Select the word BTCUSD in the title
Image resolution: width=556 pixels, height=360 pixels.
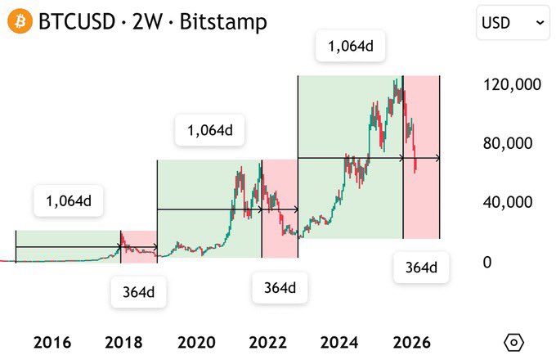click(x=77, y=22)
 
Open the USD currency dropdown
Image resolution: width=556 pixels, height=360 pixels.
click(x=513, y=23)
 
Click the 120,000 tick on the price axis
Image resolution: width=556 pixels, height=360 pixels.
click(x=512, y=84)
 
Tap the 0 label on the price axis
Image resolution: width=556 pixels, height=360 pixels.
click(x=486, y=262)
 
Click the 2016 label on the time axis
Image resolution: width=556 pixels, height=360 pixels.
click(x=52, y=342)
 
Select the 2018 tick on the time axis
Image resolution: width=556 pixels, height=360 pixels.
click(x=123, y=342)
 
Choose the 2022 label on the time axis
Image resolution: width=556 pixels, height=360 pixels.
click(x=266, y=342)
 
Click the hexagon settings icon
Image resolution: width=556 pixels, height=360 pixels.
click(x=514, y=342)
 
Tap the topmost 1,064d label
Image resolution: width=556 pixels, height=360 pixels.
click(x=350, y=47)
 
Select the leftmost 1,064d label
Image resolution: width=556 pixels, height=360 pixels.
click(x=68, y=201)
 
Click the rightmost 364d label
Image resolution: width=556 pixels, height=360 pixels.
click(x=421, y=268)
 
